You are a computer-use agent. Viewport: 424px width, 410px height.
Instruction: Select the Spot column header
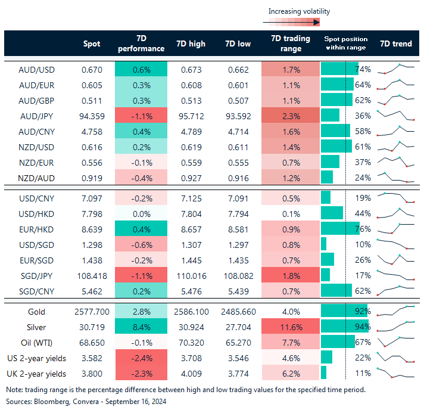pyautogui.click(x=91, y=44)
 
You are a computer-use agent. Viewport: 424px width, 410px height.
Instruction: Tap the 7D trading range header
pyautogui.click(x=291, y=44)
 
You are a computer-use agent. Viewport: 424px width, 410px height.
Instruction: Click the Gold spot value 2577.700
pyautogui.click(x=91, y=312)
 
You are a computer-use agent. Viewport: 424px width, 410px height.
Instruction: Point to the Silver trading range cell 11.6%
pyautogui.click(x=291, y=327)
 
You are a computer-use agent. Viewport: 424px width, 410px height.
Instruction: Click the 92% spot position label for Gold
pyautogui.click(x=363, y=312)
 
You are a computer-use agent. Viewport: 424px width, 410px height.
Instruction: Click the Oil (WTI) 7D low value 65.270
pyautogui.click(x=238, y=343)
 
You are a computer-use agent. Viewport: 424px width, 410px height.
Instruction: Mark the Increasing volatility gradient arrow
pyautogui.click(x=291, y=23)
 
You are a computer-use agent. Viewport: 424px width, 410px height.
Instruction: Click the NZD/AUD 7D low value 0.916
pyautogui.click(x=238, y=178)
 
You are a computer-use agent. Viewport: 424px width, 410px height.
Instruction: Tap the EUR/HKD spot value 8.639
pyautogui.click(x=91, y=228)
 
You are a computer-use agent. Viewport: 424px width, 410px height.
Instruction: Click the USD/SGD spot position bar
pyautogui.click(x=324, y=243)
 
